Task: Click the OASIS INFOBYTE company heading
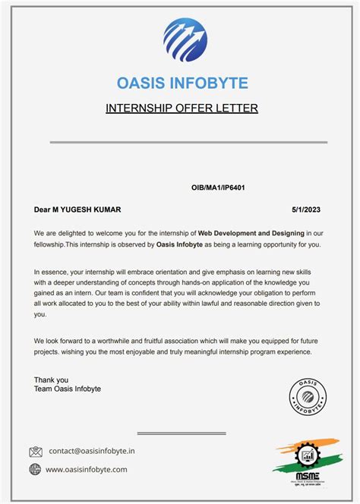click(x=182, y=83)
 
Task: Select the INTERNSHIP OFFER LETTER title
click(x=182, y=108)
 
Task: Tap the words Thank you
click(x=51, y=380)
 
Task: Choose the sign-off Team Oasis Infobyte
click(x=68, y=389)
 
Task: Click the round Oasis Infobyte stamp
click(x=309, y=395)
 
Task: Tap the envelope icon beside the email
click(x=36, y=451)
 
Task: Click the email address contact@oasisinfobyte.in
click(x=92, y=451)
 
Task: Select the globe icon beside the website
click(x=36, y=470)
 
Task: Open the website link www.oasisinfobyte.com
click(x=87, y=470)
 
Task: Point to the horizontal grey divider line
click(x=189, y=142)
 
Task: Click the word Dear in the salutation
click(x=42, y=209)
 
